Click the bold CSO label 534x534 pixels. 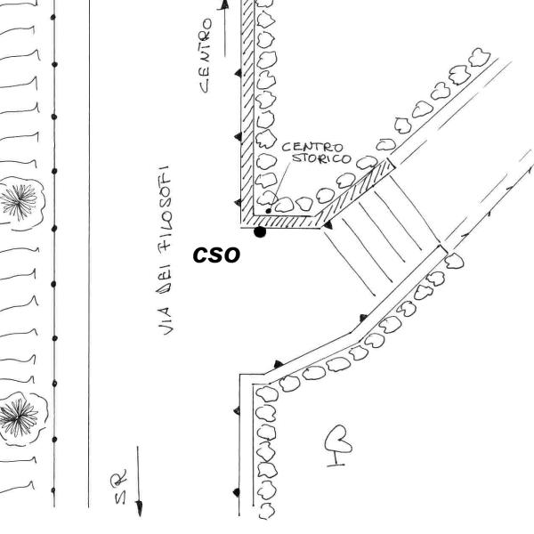pyautogui.click(x=217, y=254)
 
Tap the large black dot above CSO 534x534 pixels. pyautogui.click(x=260, y=232)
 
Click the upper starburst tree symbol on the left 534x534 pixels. pyautogui.click(x=15, y=198)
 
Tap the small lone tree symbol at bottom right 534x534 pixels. pyautogui.click(x=339, y=441)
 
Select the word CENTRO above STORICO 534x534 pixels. pyautogui.click(x=306, y=148)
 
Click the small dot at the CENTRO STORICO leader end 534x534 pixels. pyautogui.click(x=270, y=211)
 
